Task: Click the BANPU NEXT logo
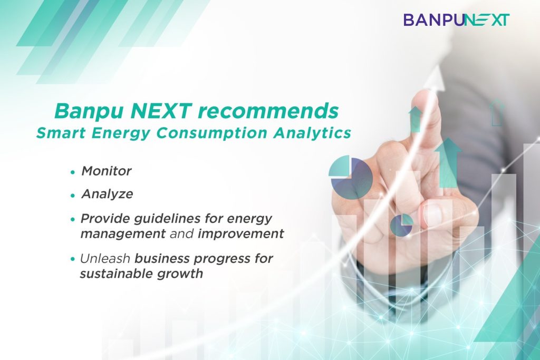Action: pos(456,20)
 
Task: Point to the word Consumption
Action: pos(212,133)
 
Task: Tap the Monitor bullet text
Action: pos(107,171)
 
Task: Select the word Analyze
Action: pos(108,194)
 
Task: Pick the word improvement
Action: pos(240,233)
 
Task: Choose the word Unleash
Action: pos(105,258)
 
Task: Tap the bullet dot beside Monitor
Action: pos(72,171)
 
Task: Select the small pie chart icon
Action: pos(401,225)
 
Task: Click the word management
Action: pos(123,234)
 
